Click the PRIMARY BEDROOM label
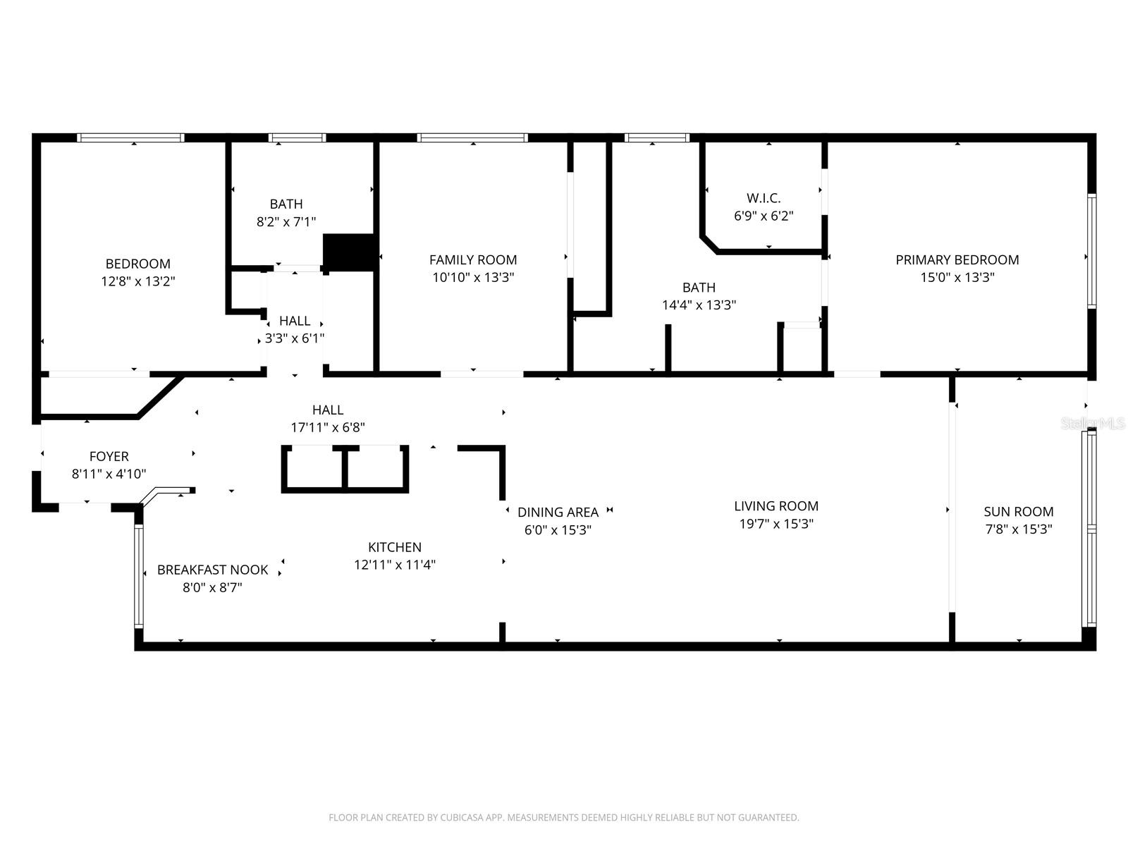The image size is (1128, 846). click(957, 259)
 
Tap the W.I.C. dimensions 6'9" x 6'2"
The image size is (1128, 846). click(764, 216)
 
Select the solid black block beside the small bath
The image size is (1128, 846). click(348, 252)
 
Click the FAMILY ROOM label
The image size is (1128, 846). click(473, 259)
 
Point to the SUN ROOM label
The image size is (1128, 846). click(1019, 512)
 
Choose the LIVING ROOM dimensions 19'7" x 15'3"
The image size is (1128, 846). click(775, 524)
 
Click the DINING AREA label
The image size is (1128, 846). click(558, 513)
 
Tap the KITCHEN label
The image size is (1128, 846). click(395, 547)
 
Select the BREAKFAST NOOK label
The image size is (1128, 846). click(212, 570)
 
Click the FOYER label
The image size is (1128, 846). click(109, 456)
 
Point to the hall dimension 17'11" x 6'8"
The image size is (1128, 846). click(328, 427)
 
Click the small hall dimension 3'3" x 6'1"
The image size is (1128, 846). click(295, 338)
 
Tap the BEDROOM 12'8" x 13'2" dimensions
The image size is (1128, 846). click(137, 281)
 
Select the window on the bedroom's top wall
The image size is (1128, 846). click(130, 138)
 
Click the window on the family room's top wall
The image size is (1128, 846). click(472, 138)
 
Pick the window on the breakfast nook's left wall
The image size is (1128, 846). click(139, 577)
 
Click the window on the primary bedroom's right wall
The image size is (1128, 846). click(1091, 252)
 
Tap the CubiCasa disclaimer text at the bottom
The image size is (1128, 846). click(563, 818)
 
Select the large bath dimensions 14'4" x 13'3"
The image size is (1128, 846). click(699, 305)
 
